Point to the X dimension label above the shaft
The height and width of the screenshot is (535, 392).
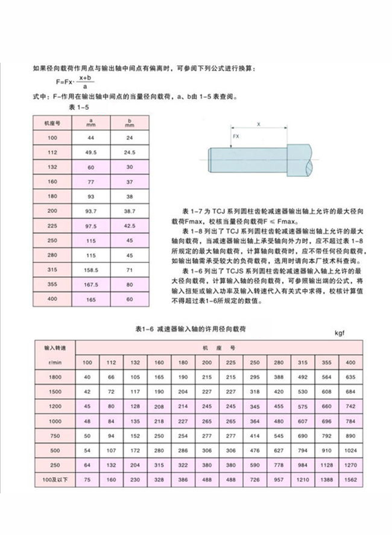click(259, 124)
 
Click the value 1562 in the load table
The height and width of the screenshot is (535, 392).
click(350, 480)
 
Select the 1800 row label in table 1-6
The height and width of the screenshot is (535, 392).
click(54, 377)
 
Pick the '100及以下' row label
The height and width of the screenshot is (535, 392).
click(54, 480)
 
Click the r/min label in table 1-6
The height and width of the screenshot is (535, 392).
click(54, 362)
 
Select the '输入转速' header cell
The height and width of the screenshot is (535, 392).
click(54, 349)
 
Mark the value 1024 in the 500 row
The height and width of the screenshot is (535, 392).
click(350, 450)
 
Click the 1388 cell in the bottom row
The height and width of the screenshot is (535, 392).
click(326, 480)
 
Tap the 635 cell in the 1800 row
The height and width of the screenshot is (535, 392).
click(350, 377)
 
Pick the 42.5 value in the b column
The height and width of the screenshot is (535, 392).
click(129, 225)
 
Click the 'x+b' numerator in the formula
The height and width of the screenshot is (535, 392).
click(85, 78)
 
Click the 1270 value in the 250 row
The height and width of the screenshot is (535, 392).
click(350, 465)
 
